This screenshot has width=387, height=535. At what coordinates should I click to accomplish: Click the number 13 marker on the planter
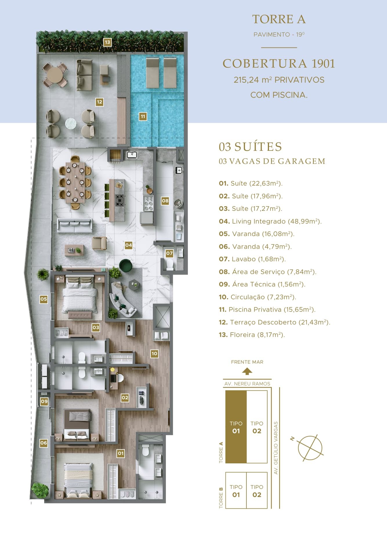[108, 42]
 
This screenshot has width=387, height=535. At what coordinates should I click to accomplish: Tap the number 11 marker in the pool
[143, 117]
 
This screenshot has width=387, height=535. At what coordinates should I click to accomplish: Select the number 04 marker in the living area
[129, 245]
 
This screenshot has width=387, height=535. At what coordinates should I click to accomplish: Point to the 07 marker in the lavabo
[169, 253]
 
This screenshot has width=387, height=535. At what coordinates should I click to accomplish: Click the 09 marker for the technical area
[44, 402]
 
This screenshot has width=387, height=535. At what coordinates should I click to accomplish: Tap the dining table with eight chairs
[75, 182]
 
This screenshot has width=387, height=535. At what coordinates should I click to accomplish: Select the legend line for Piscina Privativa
[267, 310]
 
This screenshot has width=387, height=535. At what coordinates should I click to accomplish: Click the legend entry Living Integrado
[270, 222]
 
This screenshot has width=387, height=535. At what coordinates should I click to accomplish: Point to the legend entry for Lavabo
[252, 259]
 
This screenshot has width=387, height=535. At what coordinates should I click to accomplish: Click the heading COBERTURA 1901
[279, 64]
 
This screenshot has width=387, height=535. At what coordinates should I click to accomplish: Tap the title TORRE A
[279, 19]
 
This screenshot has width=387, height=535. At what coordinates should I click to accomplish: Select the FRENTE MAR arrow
[247, 371]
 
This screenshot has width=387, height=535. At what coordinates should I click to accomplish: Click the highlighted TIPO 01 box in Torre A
[236, 427]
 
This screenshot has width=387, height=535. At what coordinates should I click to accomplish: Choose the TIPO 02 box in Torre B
[257, 490]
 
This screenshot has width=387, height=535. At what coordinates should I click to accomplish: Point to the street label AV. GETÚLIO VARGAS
[276, 448]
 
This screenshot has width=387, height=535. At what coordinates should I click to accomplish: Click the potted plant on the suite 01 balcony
[40, 491]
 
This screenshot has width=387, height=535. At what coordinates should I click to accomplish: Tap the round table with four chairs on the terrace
[55, 75]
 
